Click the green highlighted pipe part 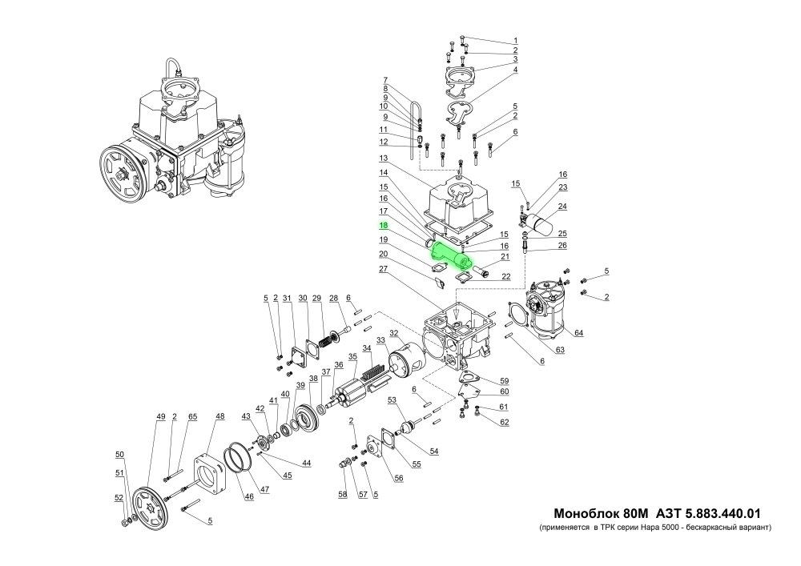452,254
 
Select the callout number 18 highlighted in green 384,227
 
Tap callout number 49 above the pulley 160,417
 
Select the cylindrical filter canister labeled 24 544,222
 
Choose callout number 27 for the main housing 384,270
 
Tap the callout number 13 384,158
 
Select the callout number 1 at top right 516,40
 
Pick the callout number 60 504,391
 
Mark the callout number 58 343,496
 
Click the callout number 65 192,417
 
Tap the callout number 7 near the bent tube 385,80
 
